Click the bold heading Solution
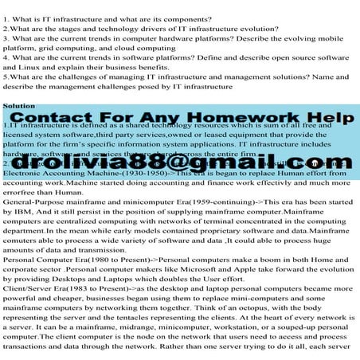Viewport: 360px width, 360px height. click(18, 105)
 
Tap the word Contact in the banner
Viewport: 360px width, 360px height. click(57, 119)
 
